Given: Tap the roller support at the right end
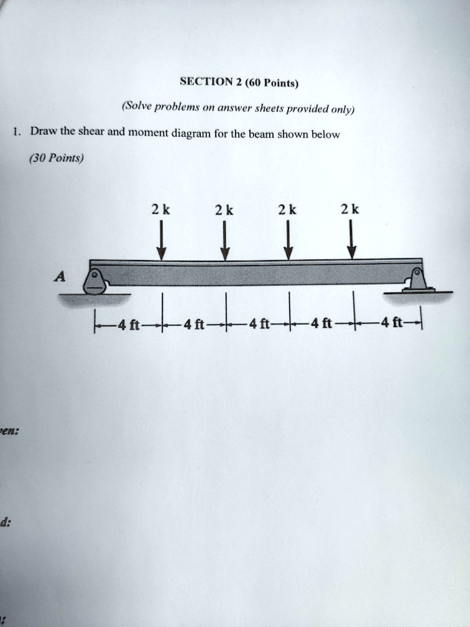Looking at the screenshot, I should point(418,281).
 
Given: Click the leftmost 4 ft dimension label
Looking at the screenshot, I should point(128,324).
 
